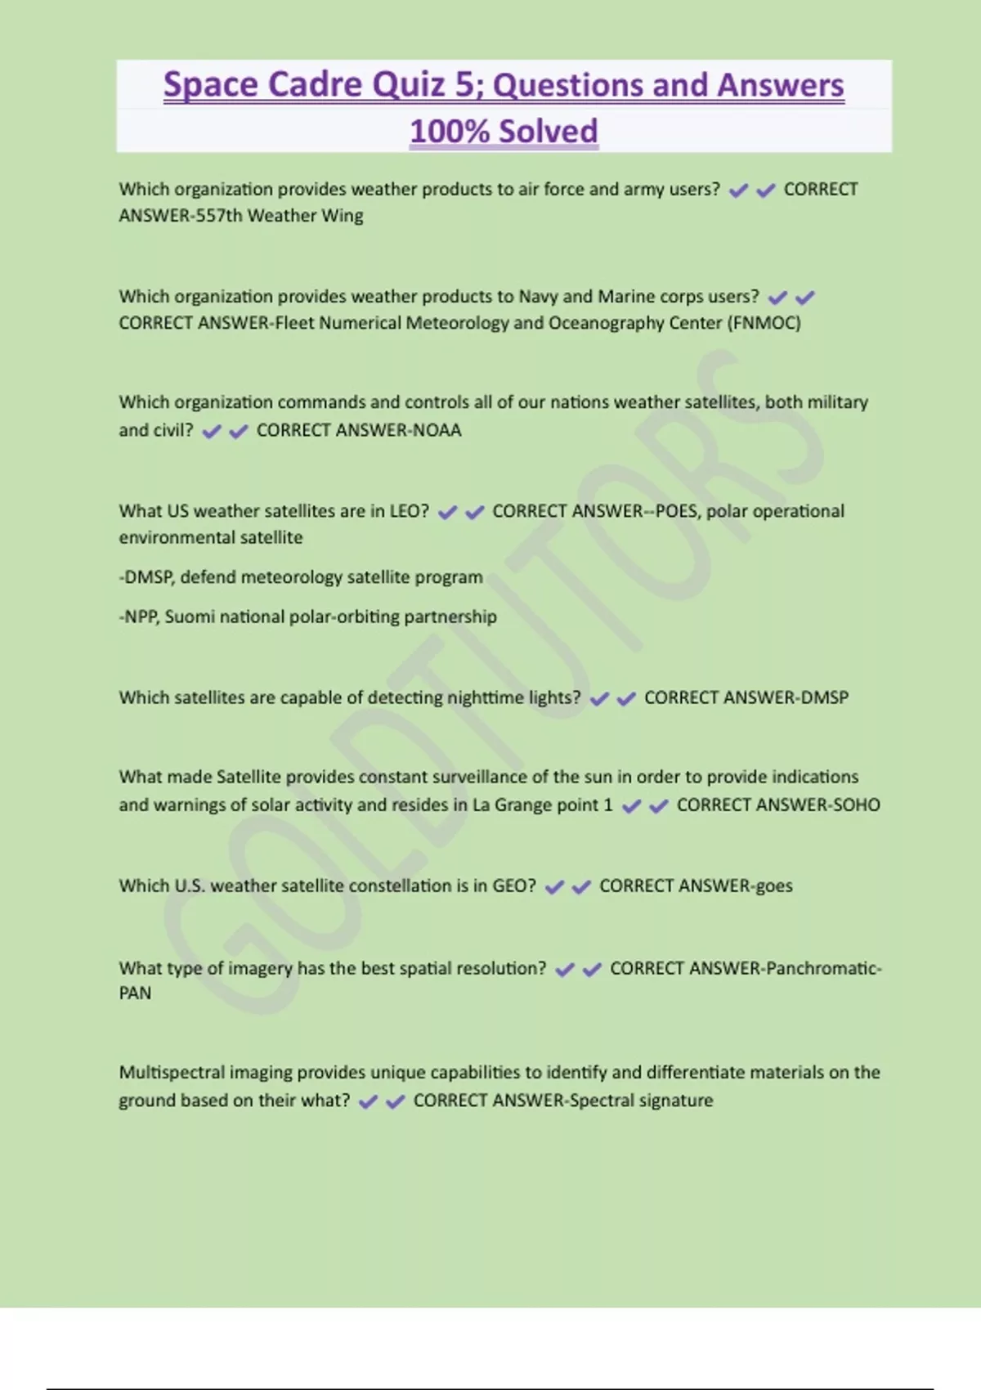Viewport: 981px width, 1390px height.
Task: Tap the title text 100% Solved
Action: click(504, 132)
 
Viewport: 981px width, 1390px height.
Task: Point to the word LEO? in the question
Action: click(409, 511)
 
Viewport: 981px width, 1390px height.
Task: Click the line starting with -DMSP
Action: click(301, 577)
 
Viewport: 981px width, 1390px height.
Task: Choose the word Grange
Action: click(522, 805)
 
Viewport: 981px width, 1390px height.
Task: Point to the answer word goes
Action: click(773, 886)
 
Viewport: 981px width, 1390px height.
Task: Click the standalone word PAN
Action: click(135, 993)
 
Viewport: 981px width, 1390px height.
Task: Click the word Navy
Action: click(538, 296)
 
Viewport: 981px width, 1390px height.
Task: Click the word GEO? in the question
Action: click(513, 886)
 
